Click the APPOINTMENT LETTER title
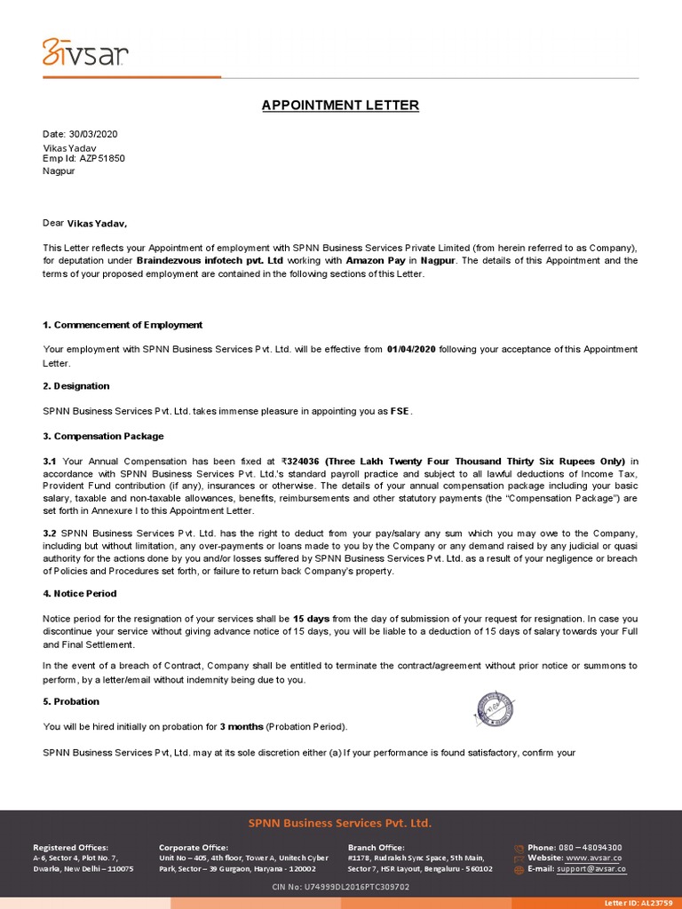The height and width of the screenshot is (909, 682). (340, 106)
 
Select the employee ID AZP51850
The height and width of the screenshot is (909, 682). (102, 158)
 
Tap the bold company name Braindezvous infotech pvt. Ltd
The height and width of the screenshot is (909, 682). (210, 261)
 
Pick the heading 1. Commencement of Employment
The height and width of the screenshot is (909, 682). (123, 325)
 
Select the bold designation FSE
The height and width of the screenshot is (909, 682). (400, 411)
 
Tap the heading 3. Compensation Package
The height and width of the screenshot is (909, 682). (103, 436)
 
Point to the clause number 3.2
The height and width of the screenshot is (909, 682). (50, 531)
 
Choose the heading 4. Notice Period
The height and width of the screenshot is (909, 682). (80, 593)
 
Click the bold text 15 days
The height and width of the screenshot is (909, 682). (311, 618)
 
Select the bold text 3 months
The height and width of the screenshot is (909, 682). (242, 726)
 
